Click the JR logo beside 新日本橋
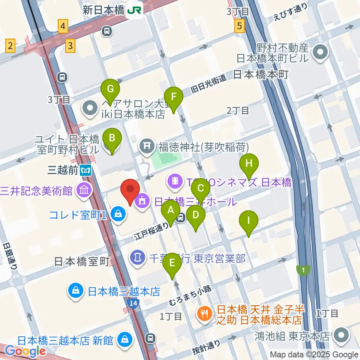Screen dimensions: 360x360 point(134,10)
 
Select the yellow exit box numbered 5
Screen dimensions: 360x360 point(240,26)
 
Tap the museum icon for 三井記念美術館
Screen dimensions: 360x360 point(84,190)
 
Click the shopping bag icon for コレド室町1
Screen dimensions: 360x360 point(118,215)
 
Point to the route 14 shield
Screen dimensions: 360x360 point(133,303)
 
